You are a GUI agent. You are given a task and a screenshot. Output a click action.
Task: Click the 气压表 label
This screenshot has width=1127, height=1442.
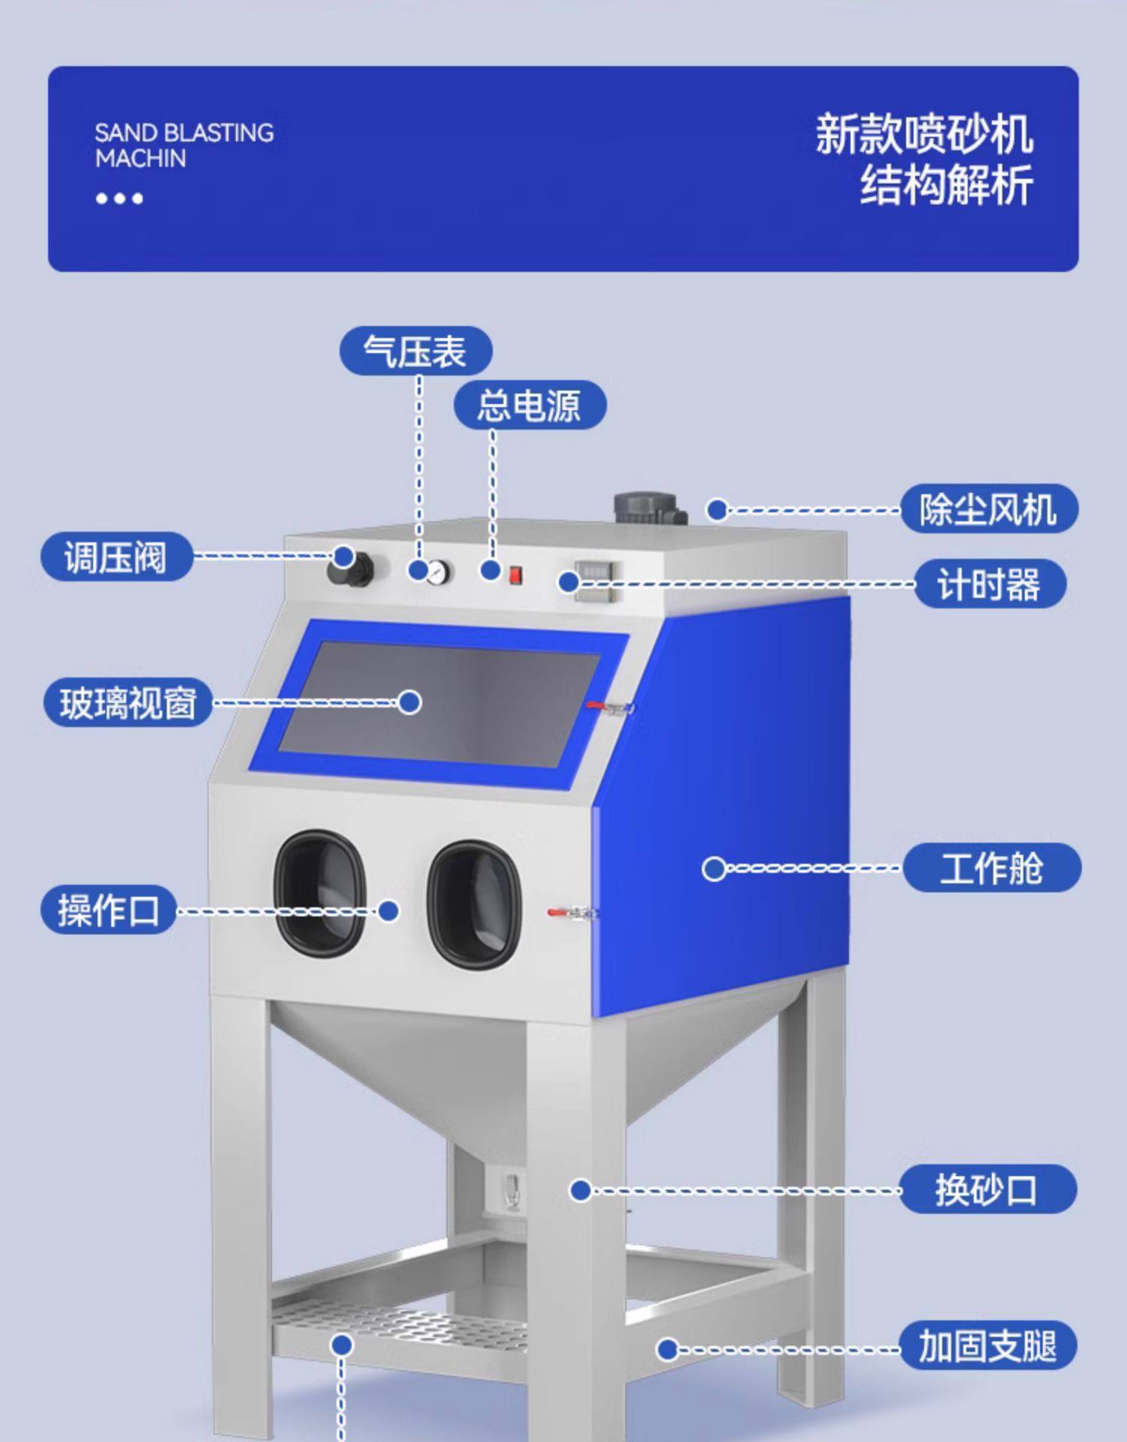point(415,351)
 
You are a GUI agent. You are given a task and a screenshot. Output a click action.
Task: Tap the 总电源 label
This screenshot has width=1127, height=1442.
point(529,406)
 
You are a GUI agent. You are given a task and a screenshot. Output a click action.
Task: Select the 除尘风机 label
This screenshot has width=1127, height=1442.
point(989,509)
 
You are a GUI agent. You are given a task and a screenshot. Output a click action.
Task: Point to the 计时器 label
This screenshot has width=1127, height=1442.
point(990,584)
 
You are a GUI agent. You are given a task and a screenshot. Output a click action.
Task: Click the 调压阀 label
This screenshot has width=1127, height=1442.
point(116,557)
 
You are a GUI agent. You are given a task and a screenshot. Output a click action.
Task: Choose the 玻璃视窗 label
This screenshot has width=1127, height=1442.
point(128,703)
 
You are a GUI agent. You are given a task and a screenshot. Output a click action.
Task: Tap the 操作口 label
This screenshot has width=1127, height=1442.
point(108,910)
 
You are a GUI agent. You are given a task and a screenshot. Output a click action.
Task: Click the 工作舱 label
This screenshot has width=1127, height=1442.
point(991,867)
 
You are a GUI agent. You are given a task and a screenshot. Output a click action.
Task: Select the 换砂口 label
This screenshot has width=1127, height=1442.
point(987,1189)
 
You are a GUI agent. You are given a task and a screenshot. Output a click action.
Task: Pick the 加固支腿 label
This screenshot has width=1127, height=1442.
point(987,1344)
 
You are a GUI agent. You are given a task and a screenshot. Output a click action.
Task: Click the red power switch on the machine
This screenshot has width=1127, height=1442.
point(515,575)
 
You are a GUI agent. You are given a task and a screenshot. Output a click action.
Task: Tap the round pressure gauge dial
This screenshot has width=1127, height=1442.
point(439,573)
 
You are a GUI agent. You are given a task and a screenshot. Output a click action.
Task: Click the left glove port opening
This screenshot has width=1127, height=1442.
point(320,893)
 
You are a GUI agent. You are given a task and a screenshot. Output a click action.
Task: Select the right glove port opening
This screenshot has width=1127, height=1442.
point(474,904)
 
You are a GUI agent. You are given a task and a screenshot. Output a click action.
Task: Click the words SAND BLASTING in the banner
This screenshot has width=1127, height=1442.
point(184,133)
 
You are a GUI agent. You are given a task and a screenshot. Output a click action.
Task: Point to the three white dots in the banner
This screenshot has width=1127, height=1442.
point(119,198)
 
